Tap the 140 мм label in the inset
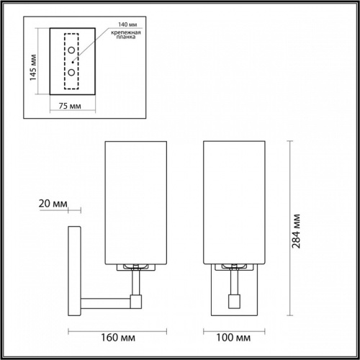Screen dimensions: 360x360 click(114, 24)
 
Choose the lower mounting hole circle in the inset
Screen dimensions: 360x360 click(72, 73)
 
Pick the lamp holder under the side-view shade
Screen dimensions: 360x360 click(135, 267)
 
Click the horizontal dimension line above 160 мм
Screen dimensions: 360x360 click(109, 330)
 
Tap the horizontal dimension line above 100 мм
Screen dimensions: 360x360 click(235, 330)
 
